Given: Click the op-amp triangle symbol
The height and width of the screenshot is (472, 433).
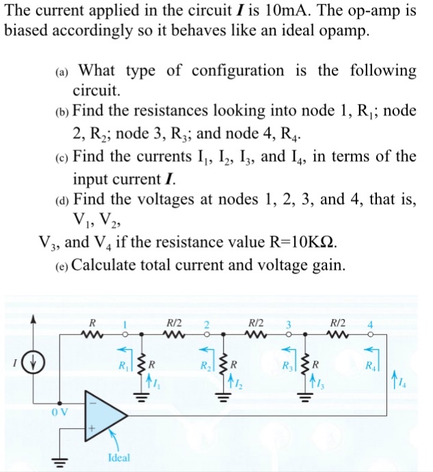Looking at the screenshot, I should pyautogui.click(x=103, y=415).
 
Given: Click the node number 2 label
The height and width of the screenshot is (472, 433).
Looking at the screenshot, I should pyautogui.click(x=209, y=324).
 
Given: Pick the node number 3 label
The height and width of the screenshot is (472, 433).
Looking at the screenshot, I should pyautogui.click(x=289, y=324).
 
